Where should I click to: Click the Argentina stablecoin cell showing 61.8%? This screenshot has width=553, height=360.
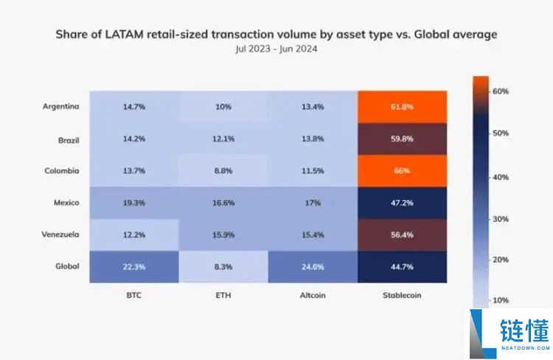click(402, 107)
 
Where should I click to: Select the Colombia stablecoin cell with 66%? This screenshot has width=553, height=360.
click(402, 171)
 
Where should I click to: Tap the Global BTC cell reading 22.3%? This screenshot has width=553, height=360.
click(134, 267)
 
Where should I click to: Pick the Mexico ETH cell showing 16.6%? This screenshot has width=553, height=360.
click(223, 203)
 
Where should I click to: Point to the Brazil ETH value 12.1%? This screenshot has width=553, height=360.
click(223, 139)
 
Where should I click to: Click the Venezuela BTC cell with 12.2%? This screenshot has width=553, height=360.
click(134, 235)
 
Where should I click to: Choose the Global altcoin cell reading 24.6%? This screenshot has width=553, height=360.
click(313, 267)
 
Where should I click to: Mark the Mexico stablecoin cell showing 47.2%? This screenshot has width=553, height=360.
click(402, 203)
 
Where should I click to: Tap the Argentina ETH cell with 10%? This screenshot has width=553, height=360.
click(223, 107)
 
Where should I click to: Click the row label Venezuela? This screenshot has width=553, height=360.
click(60, 235)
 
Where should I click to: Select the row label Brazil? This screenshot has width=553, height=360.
click(69, 140)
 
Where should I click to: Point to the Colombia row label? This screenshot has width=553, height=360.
click(62, 171)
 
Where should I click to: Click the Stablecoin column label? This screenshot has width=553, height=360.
click(402, 295)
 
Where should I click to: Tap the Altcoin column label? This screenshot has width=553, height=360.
click(313, 295)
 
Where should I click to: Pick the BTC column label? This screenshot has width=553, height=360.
click(134, 295)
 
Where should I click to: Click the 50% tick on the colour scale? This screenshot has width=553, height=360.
click(501, 134)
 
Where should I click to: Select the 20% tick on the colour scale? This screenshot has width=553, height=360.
click(501, 260)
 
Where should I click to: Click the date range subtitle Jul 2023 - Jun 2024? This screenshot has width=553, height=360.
click(276, 49)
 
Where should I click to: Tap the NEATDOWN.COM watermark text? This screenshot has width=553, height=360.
click(526, 348)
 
